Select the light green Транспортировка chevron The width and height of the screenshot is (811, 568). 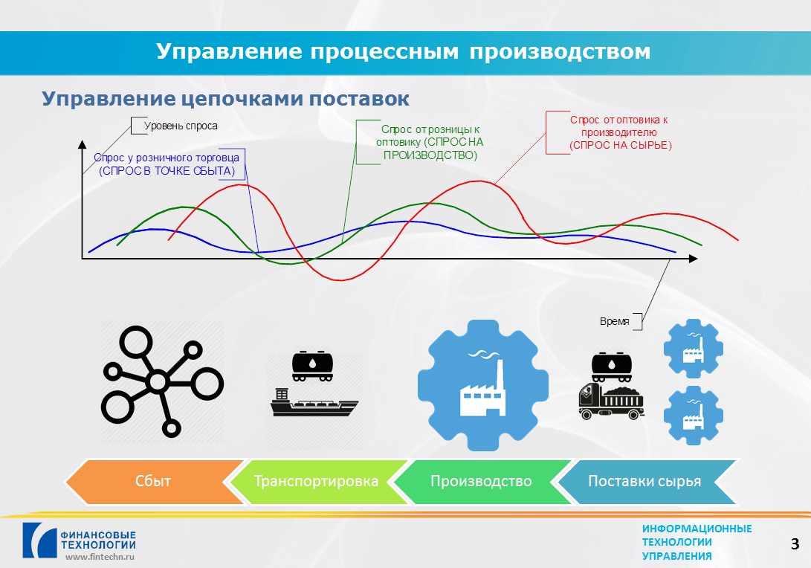316,482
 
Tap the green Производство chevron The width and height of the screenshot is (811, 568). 481,482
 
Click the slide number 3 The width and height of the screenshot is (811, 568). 795,543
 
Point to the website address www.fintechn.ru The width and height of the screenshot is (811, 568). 100,557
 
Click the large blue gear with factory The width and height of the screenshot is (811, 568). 483,385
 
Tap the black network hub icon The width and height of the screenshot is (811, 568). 162,382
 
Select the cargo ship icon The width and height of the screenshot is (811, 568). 314,402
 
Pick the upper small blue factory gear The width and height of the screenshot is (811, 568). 693,348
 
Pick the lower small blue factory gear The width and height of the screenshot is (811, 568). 693,416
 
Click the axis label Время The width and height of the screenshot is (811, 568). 615,321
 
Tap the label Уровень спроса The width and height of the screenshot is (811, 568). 181,126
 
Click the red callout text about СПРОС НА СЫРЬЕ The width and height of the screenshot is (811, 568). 620,132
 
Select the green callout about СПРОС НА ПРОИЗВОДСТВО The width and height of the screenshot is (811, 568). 430,142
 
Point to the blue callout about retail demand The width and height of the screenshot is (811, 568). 167,164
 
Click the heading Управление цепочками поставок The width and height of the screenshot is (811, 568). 225,98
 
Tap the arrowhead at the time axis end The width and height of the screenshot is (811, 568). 693,258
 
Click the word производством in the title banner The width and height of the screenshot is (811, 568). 560,51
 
